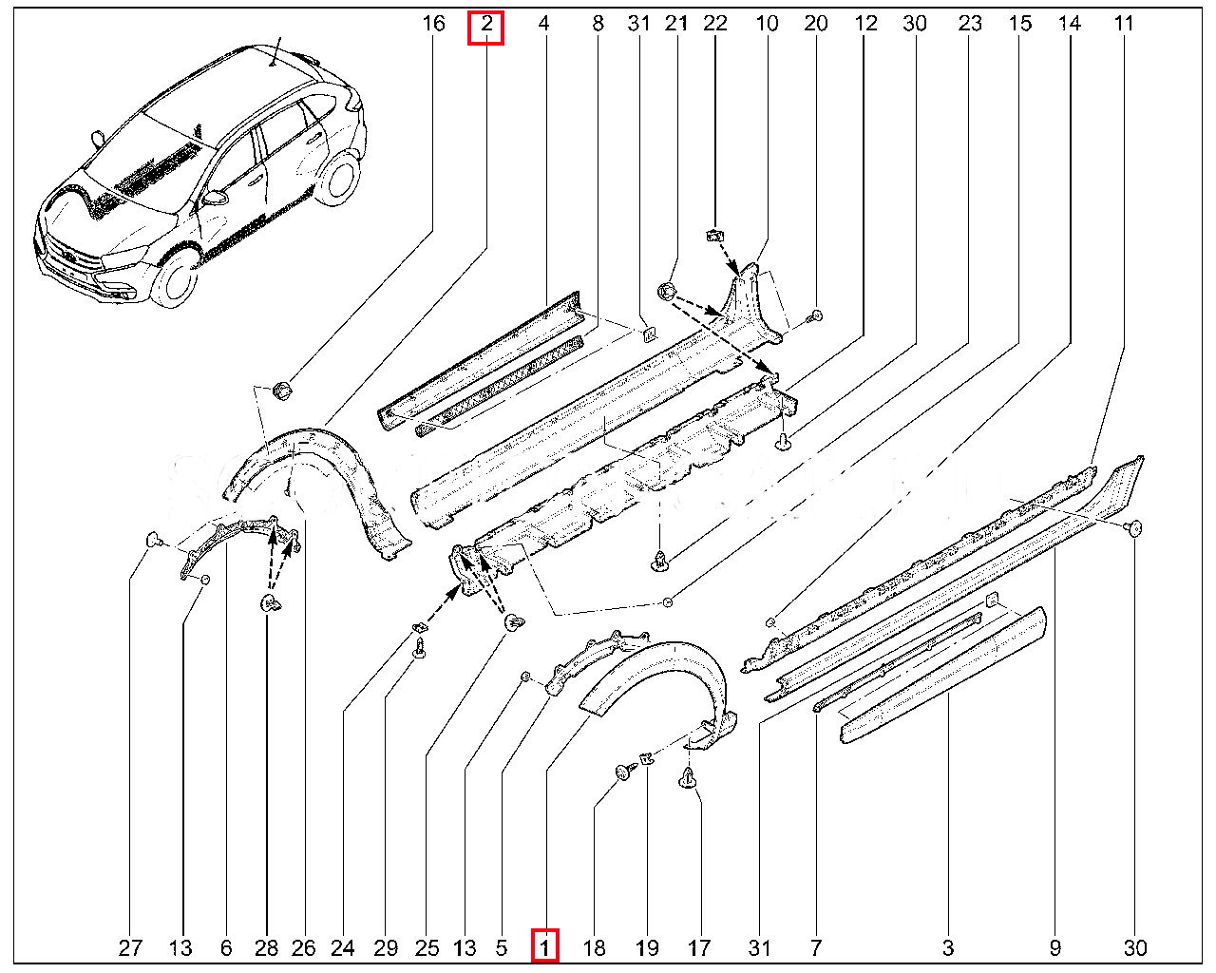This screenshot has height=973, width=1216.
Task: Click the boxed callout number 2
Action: [486, 25]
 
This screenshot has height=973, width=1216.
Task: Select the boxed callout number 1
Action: [544, 946]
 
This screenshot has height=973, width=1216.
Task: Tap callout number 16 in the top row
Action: [433, 24]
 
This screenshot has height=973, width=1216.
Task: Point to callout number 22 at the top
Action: [715, 24]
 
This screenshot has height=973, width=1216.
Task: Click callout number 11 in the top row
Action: [1124, 24]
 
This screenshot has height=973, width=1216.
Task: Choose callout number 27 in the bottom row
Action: [130, 947]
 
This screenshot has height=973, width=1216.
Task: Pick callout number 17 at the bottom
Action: [698, 947]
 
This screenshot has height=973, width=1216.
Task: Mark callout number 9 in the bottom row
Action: [1054, 947]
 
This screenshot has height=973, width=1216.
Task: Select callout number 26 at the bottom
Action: [303, 947]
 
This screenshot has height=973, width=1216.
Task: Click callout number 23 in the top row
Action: [969, 24]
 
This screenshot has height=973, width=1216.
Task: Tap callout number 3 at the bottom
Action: [948, 947]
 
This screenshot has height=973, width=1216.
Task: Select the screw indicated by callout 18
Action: [624, 773]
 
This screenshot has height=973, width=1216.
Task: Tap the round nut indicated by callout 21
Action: [667, 290]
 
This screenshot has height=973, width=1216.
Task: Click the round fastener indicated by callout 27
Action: [152, 540]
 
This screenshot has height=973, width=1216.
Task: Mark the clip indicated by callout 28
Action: [269, 602]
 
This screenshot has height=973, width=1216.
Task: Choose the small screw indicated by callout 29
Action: [419, 649]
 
